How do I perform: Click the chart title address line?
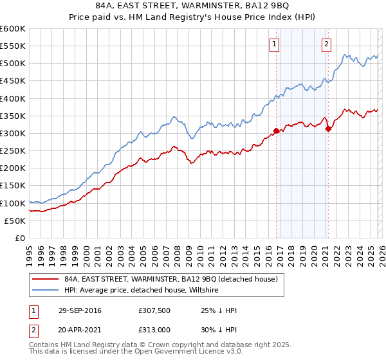click(192, 7)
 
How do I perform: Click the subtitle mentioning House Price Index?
click(192, 19)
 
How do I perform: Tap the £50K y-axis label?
click(15, 221)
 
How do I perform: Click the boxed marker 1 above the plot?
click(275, 44)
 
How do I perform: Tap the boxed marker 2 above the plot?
click(326, 44)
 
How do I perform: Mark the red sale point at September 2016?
click(277, 130)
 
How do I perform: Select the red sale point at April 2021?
click(328, 129)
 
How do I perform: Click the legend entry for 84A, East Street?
click(170, 279)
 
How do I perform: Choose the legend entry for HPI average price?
click(142, 291)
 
